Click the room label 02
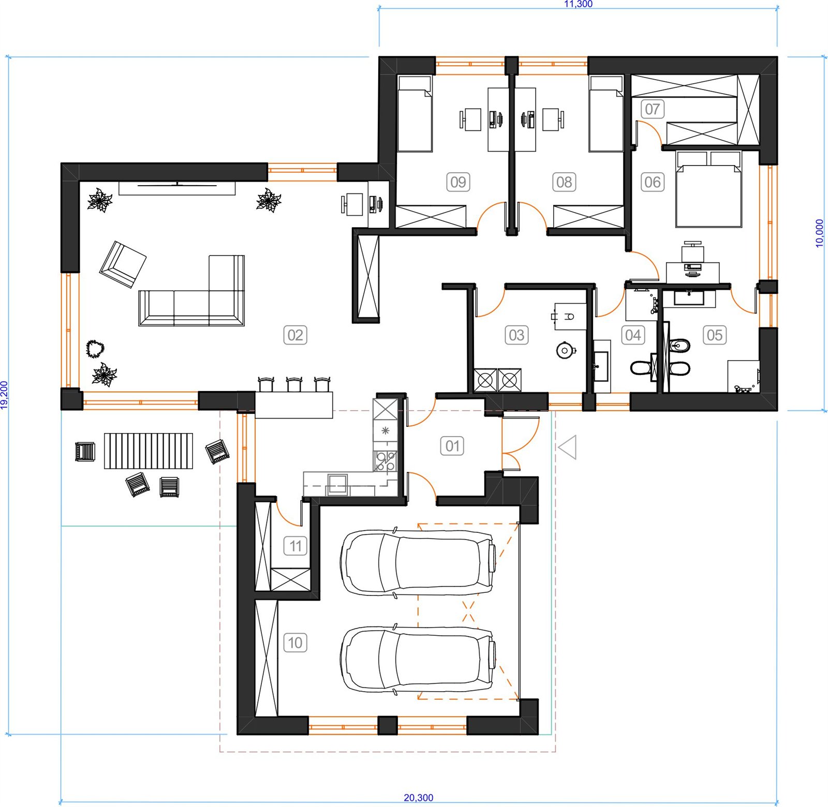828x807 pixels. pyautogui.click(x=295, y=335)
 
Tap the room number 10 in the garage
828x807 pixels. pyautogui.click(x=295, y=643)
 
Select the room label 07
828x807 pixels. pyautogui.click(x=652, y=109)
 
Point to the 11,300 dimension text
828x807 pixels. pyautogui.click(x=578, y=4)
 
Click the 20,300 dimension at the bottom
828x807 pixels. pyautogui.click(x=419, y=798)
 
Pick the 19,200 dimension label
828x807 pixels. pyautogui.click(x=5, y=395)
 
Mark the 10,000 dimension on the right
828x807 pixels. pyautogui.click(x=820, y=233)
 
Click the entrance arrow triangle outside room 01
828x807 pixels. pyautogui.click(x=568, y=447)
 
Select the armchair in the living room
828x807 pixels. pyautogui.click(x=123, y=264)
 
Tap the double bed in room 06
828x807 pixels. pyautogui.click(x=708, y=189)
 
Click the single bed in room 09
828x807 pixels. pyautogui.click(x=415, y=114)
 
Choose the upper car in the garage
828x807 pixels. pyautogui.click(x=418, y=562)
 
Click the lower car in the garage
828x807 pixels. pyautogui.click(x=418, y=659)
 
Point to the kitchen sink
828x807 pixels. pyautogui.click(x=337, y=484)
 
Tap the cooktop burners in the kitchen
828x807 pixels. pyautogui.click(x=386, y=460)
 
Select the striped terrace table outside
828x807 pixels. pyautogui.click(x=149, y=451)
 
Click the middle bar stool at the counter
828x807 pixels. pyautogui.click(x=294, y=384)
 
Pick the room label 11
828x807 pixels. pyautogui.click(x=295, y=546)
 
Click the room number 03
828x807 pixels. pyautogui.click(x=516, y=335)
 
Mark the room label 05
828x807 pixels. pyautogui.click(x=714, y=335)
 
